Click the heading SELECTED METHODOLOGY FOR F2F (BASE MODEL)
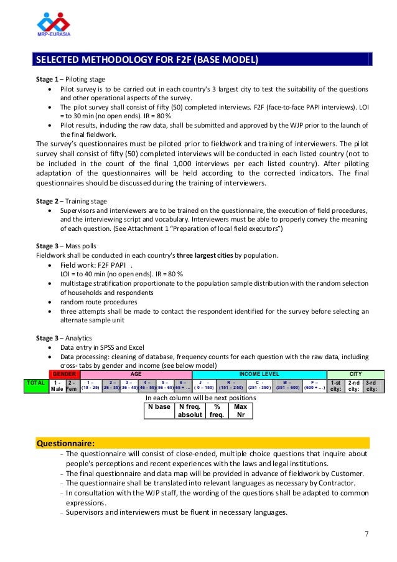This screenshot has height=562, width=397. (x=146, y=60)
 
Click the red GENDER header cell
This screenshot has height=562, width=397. (x=65, y=373)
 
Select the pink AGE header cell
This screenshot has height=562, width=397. (x=136, y=373)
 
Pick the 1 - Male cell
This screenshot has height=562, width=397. (x=57, y=385)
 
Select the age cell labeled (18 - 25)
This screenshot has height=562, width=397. (x=91, y=385)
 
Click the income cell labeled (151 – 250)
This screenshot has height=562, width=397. (x=230, y=385)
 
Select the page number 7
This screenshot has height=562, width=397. (x=367, y=533)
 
